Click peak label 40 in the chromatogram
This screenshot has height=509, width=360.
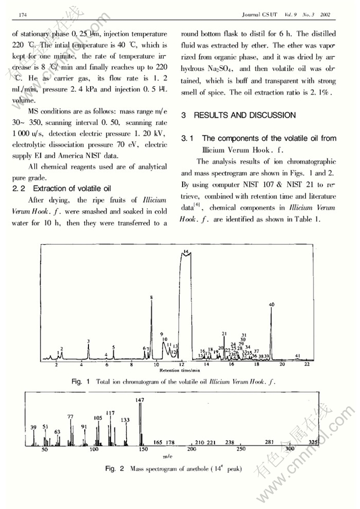point(272,305)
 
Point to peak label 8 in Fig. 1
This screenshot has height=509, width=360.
point(151,298)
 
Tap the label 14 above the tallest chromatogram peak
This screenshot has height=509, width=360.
point(185,251)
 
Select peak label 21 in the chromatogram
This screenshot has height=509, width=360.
point(224,334)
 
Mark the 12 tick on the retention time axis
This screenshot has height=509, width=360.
point(181,365)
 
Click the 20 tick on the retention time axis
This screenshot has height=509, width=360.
point(282,365)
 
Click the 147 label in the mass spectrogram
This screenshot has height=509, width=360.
point(140,400)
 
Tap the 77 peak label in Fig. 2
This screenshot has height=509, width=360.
point(70,417)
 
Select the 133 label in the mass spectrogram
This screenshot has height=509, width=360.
point(125,420)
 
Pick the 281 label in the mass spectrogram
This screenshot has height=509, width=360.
point(269,442)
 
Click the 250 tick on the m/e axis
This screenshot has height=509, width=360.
point(241,449)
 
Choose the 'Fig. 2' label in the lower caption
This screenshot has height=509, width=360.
point(114,469)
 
